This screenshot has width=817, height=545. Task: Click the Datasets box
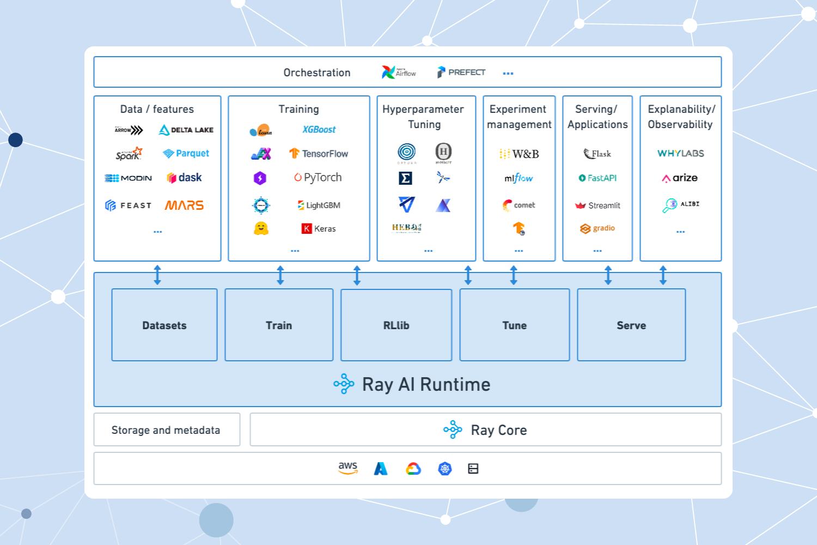click(164, 325)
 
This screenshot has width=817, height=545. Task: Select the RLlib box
click(396, 325)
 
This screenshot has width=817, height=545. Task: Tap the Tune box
click(514, 325)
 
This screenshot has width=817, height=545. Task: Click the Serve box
click(631, 325)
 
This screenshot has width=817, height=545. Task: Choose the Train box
click(279, 325)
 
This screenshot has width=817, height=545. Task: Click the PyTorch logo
click(318, 178)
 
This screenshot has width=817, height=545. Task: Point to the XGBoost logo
click(319, 130)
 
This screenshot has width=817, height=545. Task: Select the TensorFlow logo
click(319, 154)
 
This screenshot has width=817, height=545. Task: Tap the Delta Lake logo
click(186, 130)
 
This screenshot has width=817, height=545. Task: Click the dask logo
click(184, 178)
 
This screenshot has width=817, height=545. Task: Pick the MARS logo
click(184, 205)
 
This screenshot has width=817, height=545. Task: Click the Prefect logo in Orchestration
click(461, 72)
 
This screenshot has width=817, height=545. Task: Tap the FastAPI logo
click(597, 178)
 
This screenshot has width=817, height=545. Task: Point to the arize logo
click(680, 178)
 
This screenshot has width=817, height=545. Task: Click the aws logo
click(347, 468)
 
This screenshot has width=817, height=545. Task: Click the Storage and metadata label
click(166, 430)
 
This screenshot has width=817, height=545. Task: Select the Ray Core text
click(498, 430)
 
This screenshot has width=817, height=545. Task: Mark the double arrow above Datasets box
click(157, 275)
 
